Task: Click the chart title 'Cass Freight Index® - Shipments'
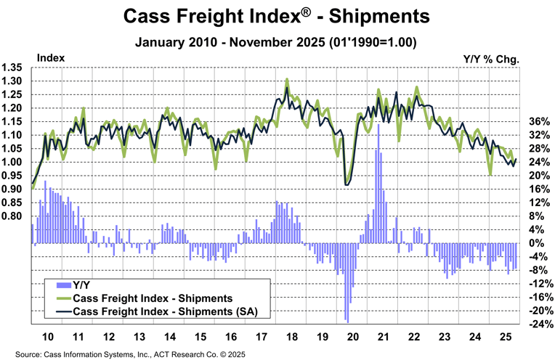[x=277, y=16]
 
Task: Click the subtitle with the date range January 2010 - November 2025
[x=277, y=42]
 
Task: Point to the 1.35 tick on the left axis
[x=14, y=67]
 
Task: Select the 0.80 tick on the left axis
[x=14, y=216]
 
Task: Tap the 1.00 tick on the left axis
[x=14, y=162]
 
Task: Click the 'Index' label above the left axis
[x=50, y=57]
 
